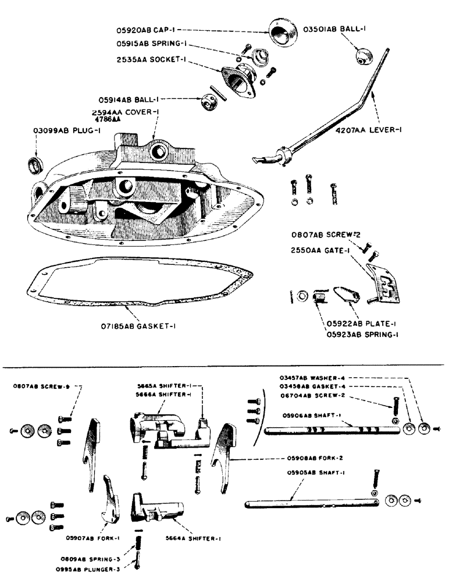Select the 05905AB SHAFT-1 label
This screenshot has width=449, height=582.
[x=320, y=473]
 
